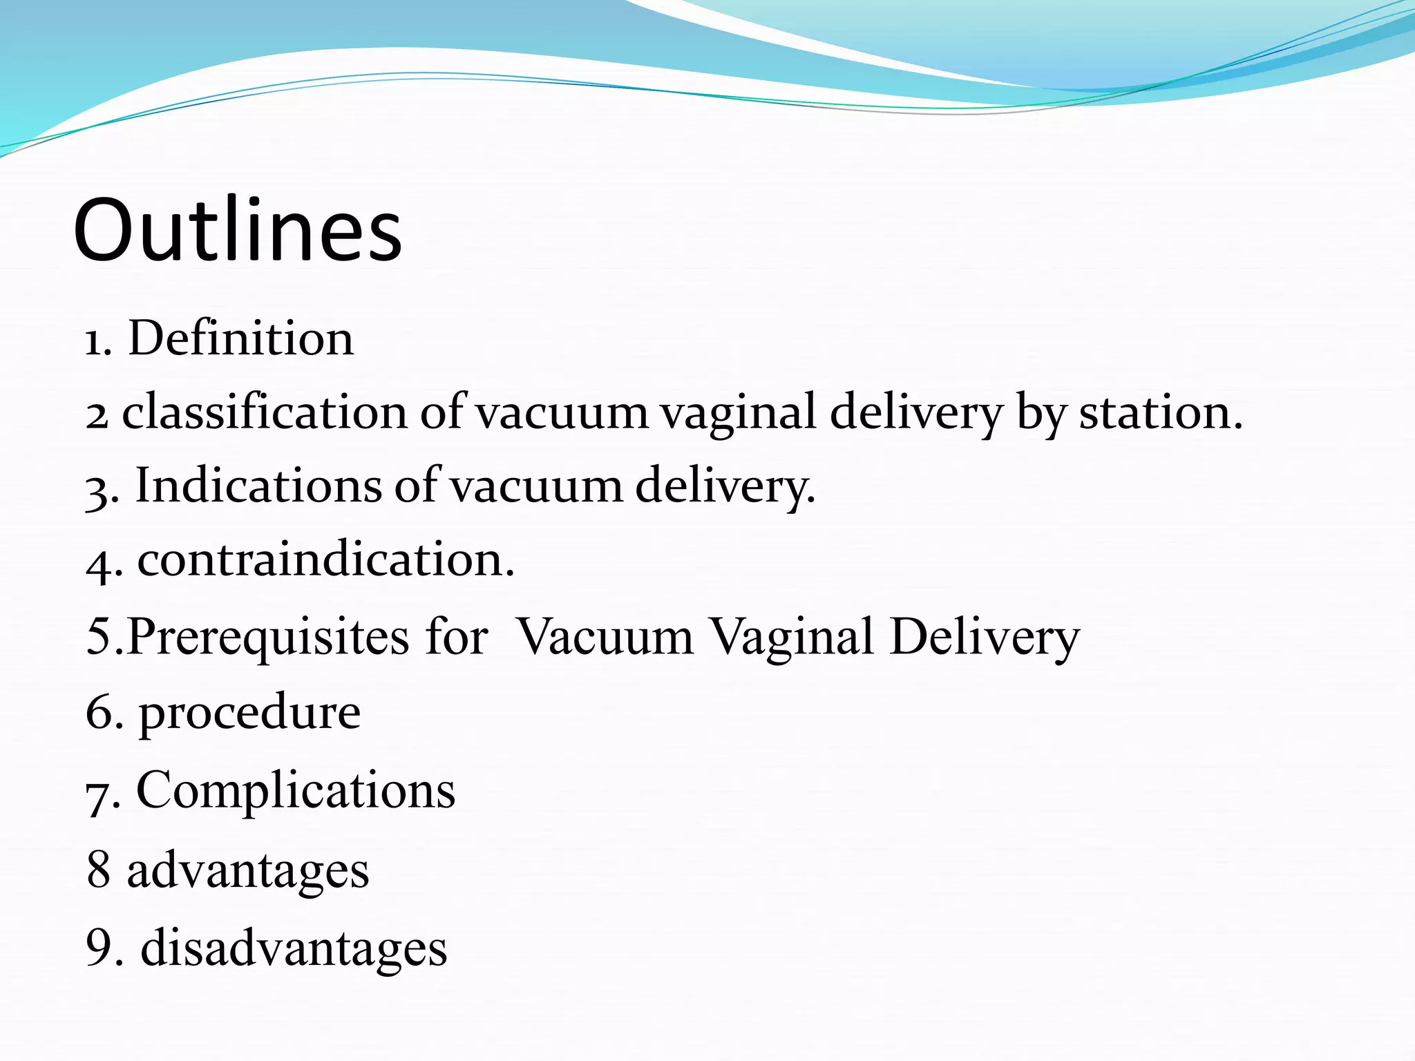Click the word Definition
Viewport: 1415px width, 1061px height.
(241, 338)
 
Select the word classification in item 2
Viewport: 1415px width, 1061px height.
(265, 412)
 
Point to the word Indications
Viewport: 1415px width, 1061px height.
(258, 485)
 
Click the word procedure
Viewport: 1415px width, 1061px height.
(249, 712)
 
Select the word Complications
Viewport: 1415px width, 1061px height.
(296, 790)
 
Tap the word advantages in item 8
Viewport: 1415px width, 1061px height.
(247, 870)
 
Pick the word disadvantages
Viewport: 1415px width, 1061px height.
(294, 948)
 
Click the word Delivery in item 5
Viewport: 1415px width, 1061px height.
(985, 636)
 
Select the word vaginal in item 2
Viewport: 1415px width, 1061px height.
(737, 412)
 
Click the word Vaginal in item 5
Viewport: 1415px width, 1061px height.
(792, 636)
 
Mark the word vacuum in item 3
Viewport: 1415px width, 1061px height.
(536, 486)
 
